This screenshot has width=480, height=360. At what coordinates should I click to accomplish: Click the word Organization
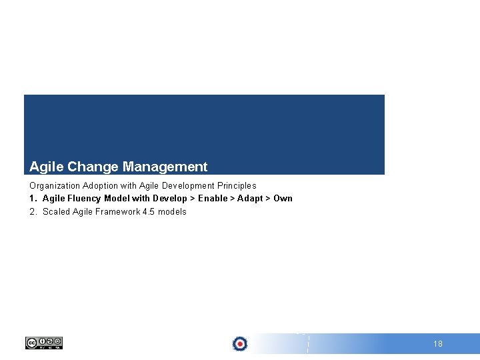pyautogui.click(x=55, y=185)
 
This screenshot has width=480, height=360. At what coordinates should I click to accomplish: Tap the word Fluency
pyautogui.click(x=83, y=198)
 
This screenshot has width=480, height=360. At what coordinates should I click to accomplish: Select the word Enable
pyautogui.click(x=213, y=198)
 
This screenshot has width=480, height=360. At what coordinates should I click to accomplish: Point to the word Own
pyautogui.click(x=283, y=198)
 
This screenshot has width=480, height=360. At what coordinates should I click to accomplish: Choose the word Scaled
pyautogui.click(x=56, y=211)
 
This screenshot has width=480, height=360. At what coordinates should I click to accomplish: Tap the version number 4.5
pyautogui.click(x=148, y=211)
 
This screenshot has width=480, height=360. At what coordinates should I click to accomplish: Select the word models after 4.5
pyautogui.click(x=172, y=211)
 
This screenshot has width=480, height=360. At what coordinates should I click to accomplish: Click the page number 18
pyautogui.click(x=438, y=344)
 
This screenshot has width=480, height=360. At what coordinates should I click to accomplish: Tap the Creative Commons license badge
pyautogui.click(x=44, y=343)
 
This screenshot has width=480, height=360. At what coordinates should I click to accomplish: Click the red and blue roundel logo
pyautogui.click(x=240, y=344)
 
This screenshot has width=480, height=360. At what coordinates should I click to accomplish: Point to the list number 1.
pyautogui.click(x=32, y=198)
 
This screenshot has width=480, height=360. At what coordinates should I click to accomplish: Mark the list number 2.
pyautogui.click(x=32, y=211)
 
